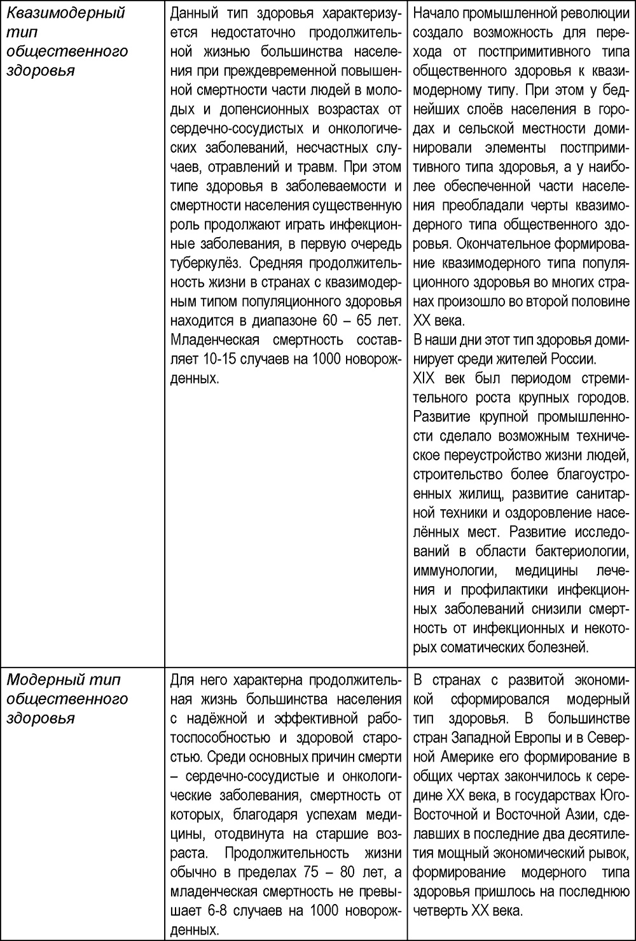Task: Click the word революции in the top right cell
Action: coord(588,13)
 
